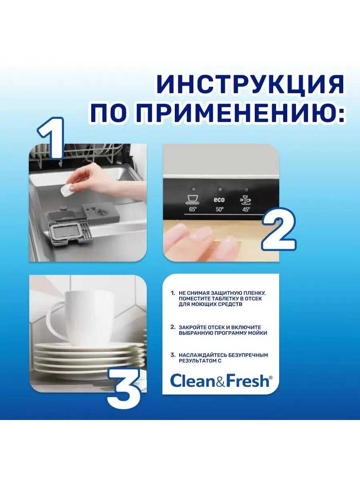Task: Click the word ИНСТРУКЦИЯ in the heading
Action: pos(250,84)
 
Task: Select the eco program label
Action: pos(220,200)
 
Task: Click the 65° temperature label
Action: pos(193,209)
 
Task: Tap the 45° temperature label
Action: pos(246,209)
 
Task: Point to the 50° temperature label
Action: pos(220,209)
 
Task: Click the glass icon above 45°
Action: pos(245,200)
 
